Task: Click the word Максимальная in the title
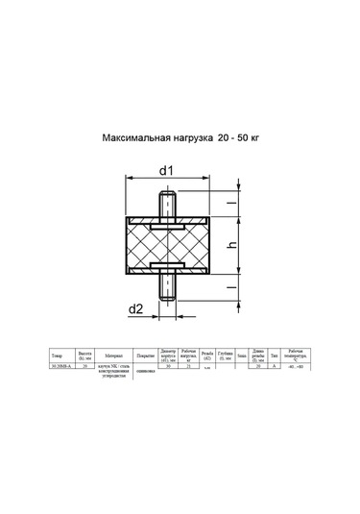click(133, 138)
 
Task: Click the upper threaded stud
click(169, 205)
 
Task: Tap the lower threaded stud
click(169, 288)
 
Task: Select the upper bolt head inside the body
click(169, 226)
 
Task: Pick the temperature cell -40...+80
click(295, 366)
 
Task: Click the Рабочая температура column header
click(295, 355)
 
